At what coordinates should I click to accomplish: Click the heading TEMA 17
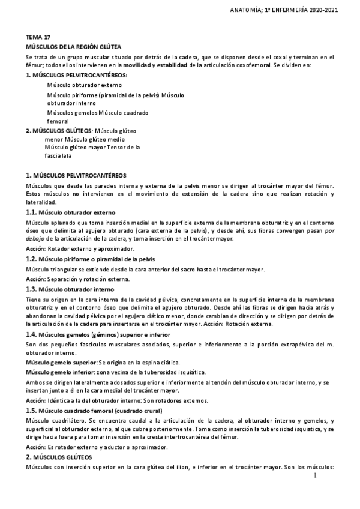point(35,36)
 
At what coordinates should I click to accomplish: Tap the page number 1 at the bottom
point(315,475)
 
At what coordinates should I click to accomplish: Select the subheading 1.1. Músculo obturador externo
point(71,213)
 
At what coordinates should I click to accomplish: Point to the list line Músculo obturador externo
point(84,86)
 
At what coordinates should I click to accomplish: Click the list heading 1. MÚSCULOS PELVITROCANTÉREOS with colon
point(77,76)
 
